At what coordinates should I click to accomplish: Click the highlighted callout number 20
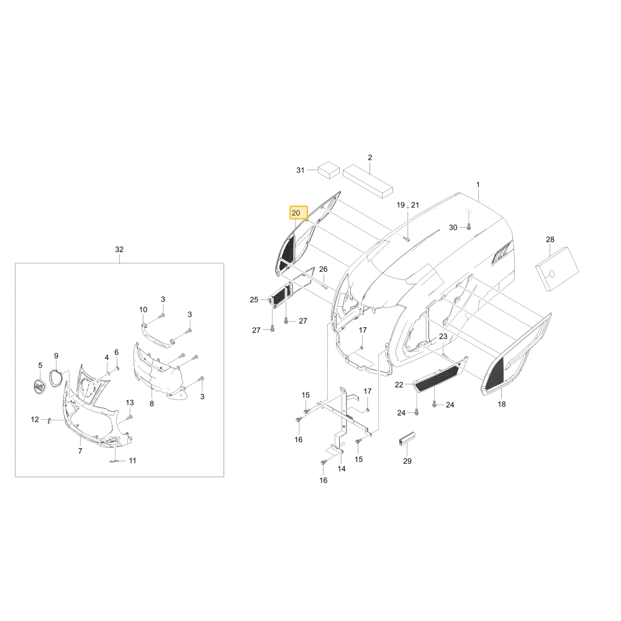pos(296,213)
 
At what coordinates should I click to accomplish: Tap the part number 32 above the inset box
pos(119,250)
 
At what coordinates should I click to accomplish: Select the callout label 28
pos(550,240)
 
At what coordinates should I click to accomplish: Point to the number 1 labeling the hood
pos(478,184)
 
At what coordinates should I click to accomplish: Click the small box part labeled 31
pos(329,170)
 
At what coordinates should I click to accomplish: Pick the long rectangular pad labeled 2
pos(368,181)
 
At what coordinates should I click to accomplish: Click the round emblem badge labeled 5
pos(40,386)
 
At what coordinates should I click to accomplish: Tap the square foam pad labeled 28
pos(557,269)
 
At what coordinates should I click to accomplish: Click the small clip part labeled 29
pos(407,438)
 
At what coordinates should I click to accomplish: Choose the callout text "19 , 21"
pos(407,205)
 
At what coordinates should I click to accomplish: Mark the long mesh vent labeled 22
pos(437,378)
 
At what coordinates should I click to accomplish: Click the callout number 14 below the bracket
pos(342,469)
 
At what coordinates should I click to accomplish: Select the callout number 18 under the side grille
pos(502,404)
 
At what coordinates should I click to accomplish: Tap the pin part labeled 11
pos(115,461)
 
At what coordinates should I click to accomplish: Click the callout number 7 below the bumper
pos(80,451)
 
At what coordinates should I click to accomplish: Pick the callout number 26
pos(323,270)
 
